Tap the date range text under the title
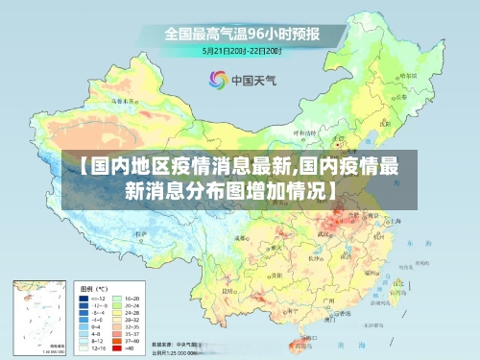point(241,50)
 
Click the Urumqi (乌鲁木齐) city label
point(123,99)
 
